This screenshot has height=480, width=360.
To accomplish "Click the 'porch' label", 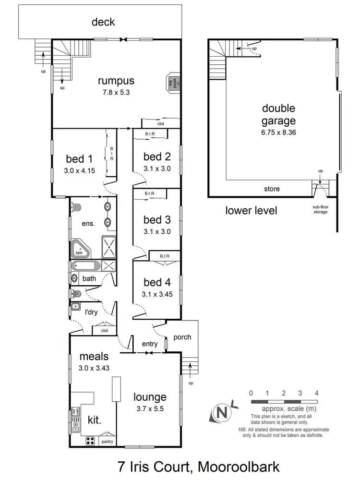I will pyautogui.click(x=182, y=337).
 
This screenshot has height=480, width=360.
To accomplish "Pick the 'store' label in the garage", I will pyautogui.click(x=272, y=189).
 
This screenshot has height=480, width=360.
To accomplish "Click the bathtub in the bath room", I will pyautogui.click(x=84, y=267).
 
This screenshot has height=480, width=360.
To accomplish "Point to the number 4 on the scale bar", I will pyautogui.click(x=316, y=393).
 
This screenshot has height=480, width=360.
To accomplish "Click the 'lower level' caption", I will pyautogui.click(x=252, y=211).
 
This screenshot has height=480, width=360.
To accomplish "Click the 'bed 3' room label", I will pyautogui.click(x=157, y=220).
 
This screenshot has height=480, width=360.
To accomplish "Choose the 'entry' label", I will pyautogui.click(x=150, y=344).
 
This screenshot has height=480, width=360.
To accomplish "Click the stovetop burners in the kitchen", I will pyautogui.click(x=91, y=441).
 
